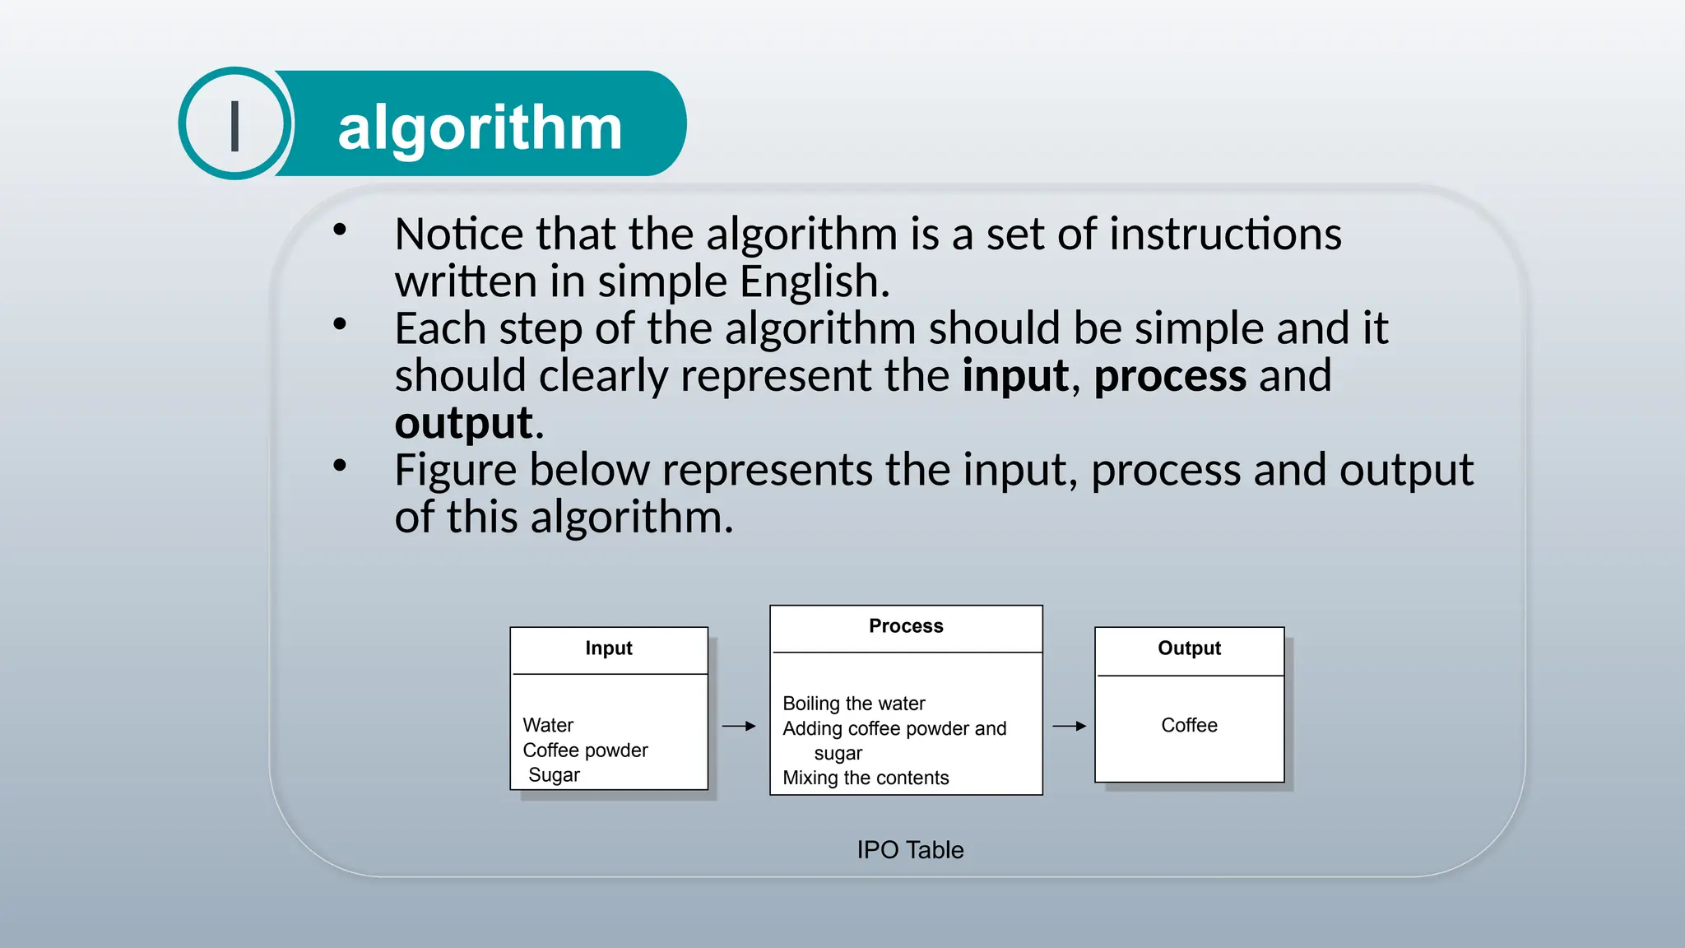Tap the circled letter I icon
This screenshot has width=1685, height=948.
(x=235, y=124)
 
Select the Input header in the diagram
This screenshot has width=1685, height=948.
(x=609, y=648)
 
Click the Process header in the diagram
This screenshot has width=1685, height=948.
(x=906, y=626)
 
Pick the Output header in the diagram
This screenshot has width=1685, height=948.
(x=1189, y=648)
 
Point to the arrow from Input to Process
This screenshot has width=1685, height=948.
(x=739, y=726)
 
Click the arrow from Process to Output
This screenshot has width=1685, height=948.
(x=1069, y=726)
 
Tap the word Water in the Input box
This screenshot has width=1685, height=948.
(x=548, y=725)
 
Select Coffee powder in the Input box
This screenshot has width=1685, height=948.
(x=585, y=750)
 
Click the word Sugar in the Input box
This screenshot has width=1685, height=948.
(x=554, y=775)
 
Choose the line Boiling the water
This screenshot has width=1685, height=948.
(x=853, y=704)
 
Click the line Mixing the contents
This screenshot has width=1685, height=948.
(x=866, y=778)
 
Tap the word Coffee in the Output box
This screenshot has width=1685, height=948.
(x=1189, y=725)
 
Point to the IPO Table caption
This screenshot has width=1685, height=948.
(x=910, y=849)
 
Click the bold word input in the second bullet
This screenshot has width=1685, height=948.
(x=1016, y=376)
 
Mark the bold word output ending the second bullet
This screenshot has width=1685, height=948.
(x=464, y=424)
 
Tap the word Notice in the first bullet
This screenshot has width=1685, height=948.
(x=459, y=234)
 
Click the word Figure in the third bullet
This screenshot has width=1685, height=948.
(x=455, y=471)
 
